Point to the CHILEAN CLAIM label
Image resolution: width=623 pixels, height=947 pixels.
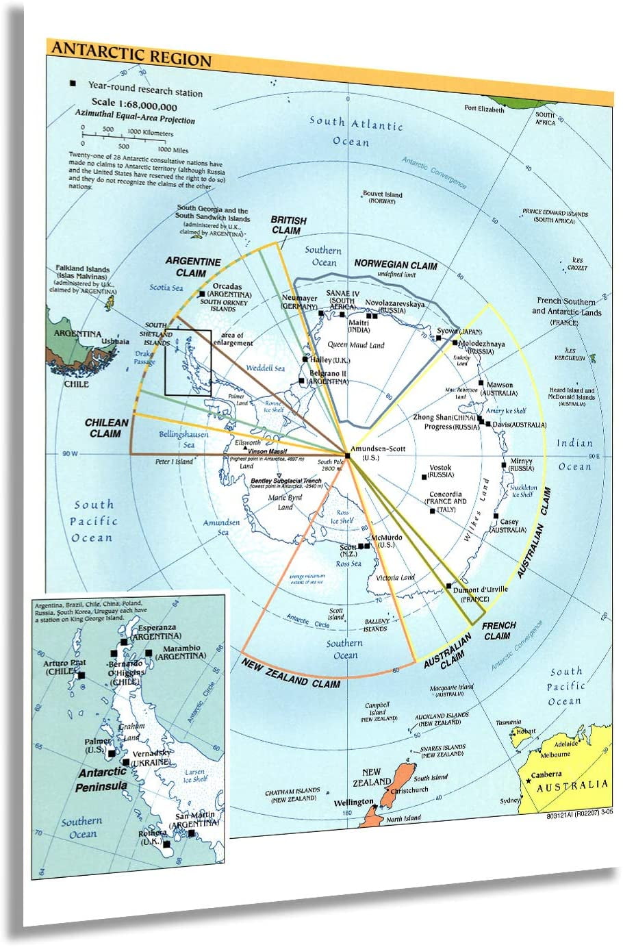(x=106, y=427)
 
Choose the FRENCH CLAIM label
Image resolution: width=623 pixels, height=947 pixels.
(x=498, y=630)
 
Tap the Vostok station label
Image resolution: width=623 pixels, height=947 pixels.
(x=440, y=468)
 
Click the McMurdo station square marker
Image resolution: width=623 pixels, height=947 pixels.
(x=368, y=546)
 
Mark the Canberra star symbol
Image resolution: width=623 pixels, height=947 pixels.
(x=529, y=780)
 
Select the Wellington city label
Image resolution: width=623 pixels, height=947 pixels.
(x=354, y=802)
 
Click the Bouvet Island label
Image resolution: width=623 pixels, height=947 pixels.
(x=382, y=194)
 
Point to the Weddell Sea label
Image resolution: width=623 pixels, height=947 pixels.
(x=265, y=368)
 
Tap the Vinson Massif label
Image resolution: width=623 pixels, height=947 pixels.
(x=267, y=452)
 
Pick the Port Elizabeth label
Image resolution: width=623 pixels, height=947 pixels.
(x=483, y=109)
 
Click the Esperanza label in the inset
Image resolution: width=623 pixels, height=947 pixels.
(x=157, y=627)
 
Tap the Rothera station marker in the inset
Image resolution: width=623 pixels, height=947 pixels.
(x=166, y=844)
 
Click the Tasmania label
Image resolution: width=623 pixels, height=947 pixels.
(x=508, y=722)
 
